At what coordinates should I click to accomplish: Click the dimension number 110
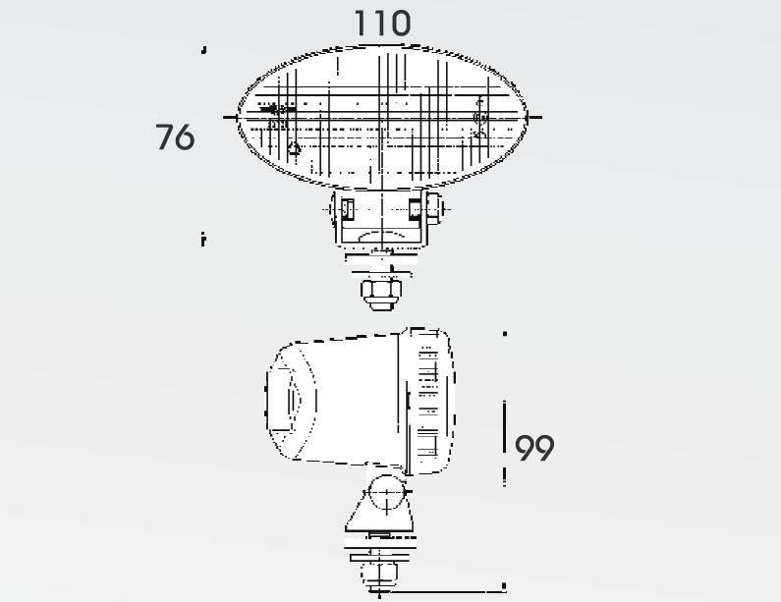[382, 24]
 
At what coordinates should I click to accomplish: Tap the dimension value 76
[175, 137]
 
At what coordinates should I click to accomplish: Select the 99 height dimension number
[534, 448]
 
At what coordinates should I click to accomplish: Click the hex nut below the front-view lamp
[381, 294]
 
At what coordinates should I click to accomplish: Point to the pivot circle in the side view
[387, 493]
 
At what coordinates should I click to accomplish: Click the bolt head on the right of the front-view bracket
[433, 208]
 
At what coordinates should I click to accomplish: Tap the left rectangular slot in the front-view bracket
[348, 209]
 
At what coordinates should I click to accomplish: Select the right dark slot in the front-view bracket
[415, 209]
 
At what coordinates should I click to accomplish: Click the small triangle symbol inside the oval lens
[294, 148]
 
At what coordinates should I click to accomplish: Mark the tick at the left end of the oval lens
[231, 118]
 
